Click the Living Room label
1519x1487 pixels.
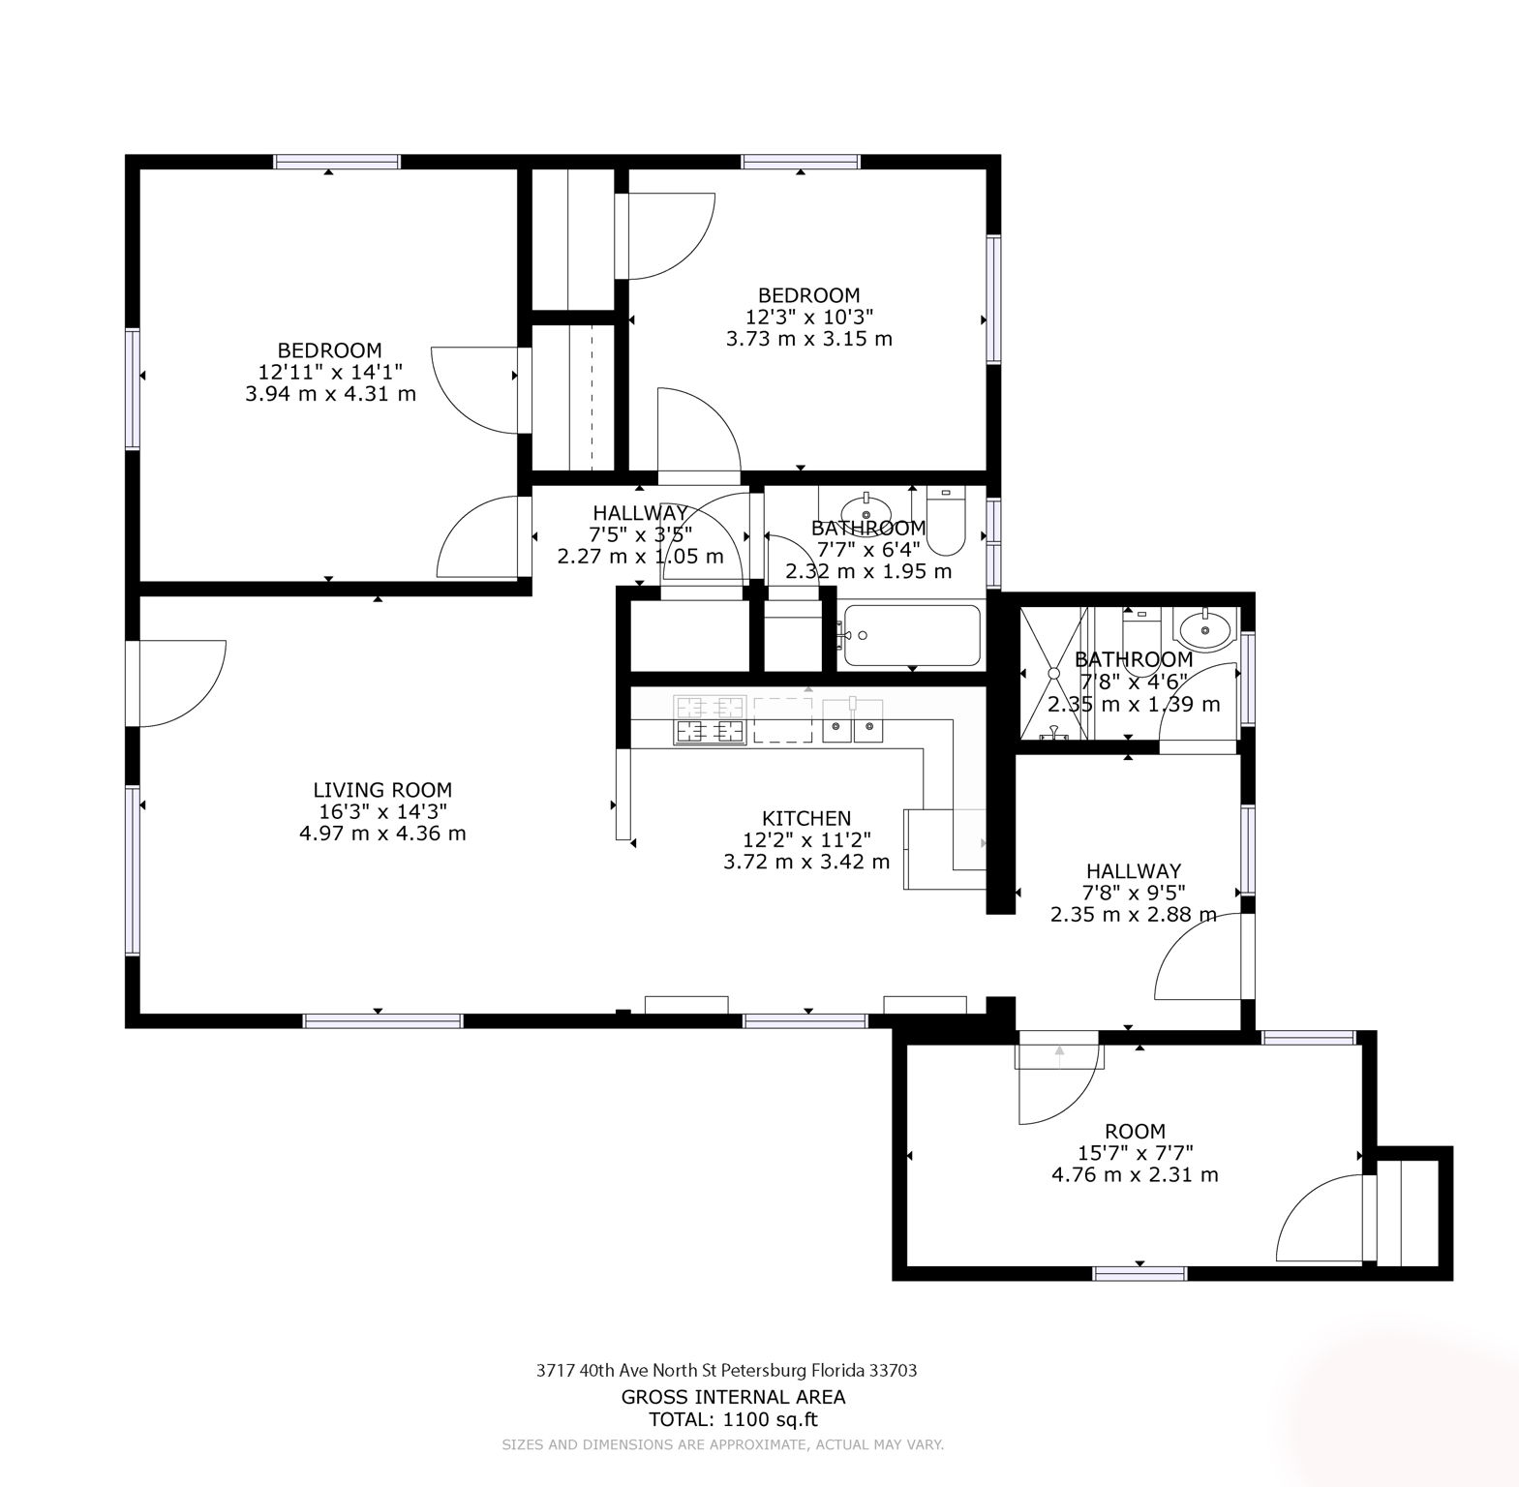coord(382,790)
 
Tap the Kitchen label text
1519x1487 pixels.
coord(805,818)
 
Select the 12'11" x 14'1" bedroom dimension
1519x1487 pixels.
coord(330,372)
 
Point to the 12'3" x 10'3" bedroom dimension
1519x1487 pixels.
coord(808,317)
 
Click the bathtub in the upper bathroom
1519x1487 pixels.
coord(911,635)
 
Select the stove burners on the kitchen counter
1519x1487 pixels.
coord(710,720)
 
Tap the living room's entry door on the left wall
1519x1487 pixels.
coord(179,683)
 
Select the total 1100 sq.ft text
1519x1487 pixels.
coord(733,1419)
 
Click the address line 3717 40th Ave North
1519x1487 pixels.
coord(726,1370)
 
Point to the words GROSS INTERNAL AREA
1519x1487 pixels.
coord(733,1396)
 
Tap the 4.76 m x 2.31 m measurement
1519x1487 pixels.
coord(1135,1174)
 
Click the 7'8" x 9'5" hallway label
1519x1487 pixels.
coord(1133,892)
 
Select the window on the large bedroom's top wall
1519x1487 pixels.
coord(336,162)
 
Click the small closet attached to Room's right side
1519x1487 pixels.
coord(1414,1213)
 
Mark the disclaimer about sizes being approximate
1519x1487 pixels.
coord(722,1444)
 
